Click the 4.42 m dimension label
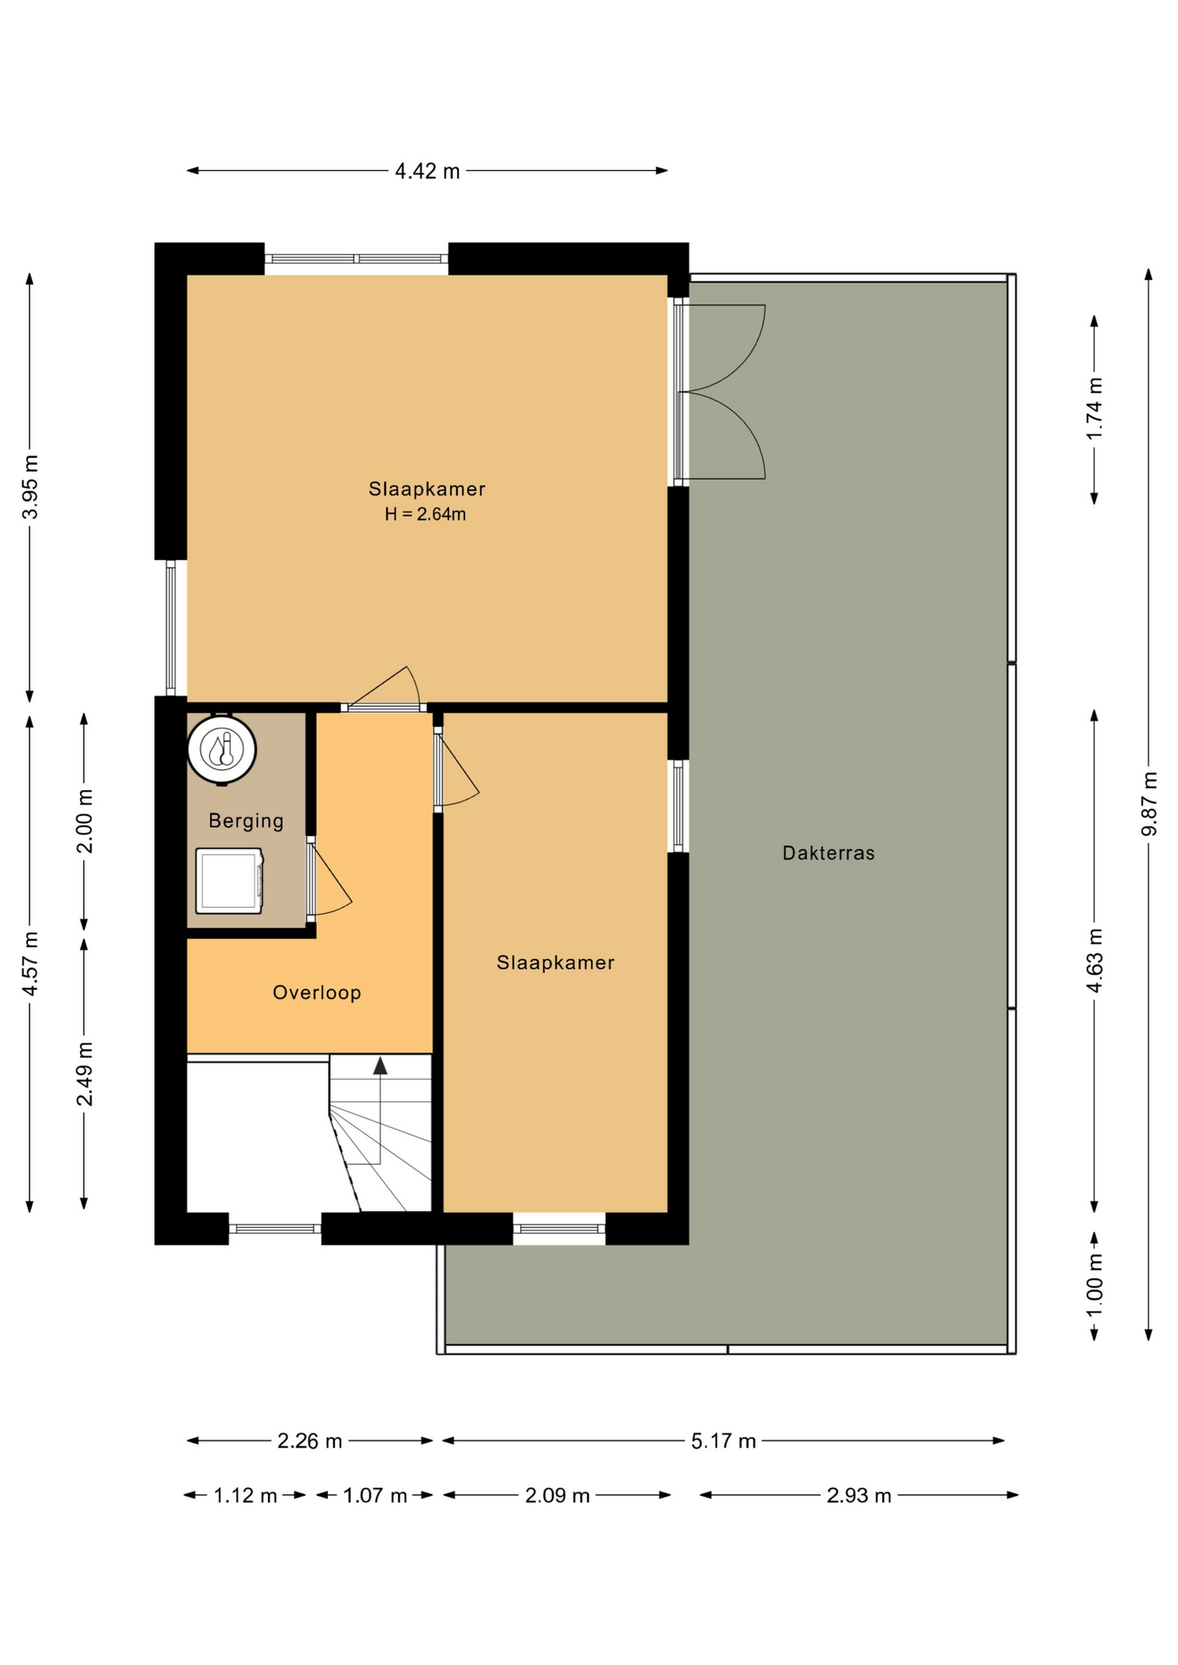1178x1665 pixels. coord(427,171)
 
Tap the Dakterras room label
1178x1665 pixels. coord(828,853)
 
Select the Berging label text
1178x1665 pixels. coord(246,821)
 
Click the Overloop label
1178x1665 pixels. coord(317,993)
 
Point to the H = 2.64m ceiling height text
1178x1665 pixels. coord(425,514)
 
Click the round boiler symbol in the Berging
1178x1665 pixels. coord(222,749)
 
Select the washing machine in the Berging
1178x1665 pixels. coord(229,881)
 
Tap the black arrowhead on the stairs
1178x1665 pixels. coord(380,1066)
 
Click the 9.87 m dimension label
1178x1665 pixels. coord(1149,804)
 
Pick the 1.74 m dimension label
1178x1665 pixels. coord(1095,408)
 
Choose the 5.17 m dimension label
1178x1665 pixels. coord(723,1441)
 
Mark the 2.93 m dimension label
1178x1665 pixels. coord(859,1496)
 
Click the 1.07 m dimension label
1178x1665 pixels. coord(375,1496)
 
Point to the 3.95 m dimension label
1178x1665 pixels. coord(30,486)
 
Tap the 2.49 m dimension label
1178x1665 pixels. coord(85,1074)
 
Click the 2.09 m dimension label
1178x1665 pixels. coord(557,1496)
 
